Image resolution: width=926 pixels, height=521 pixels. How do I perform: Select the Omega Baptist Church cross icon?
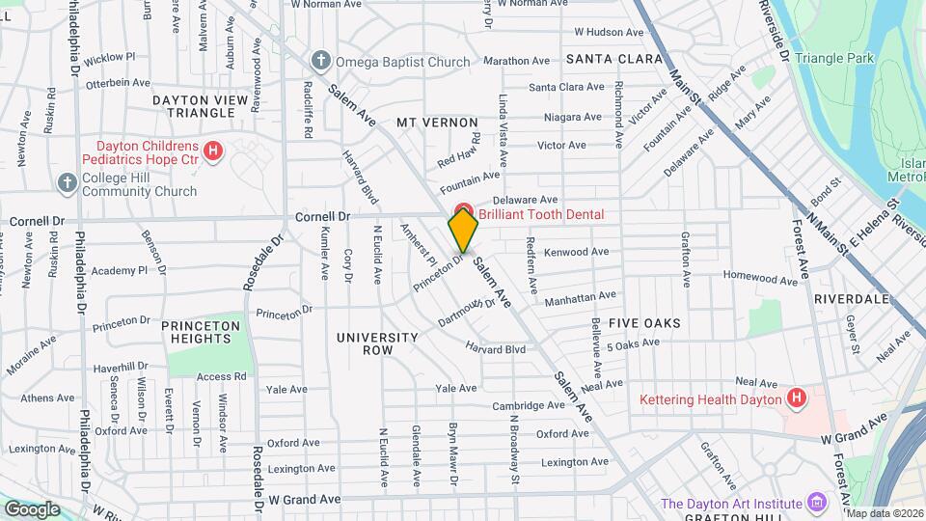(x=320, y=62)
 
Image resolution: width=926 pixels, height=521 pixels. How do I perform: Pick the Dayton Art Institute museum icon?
(x=817, y=503)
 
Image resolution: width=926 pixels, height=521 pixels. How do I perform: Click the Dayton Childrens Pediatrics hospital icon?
(x=213, y=151)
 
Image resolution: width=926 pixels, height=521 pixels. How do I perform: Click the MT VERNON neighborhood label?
(x=437, y=123)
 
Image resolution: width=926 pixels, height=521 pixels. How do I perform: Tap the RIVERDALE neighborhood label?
(x=851, y=299)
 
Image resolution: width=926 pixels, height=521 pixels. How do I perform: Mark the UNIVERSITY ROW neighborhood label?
(x=377, y=343)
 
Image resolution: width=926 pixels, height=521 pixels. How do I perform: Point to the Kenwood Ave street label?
(x=576, y=252)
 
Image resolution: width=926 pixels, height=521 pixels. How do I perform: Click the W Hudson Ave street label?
(x=609, y=32)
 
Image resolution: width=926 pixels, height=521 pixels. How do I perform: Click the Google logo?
(x=31, y=508)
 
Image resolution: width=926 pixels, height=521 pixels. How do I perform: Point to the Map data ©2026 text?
(x=884, y=514)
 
